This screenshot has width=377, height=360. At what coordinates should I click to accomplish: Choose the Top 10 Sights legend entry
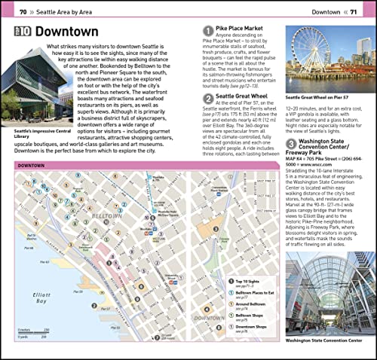coord(241,282)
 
